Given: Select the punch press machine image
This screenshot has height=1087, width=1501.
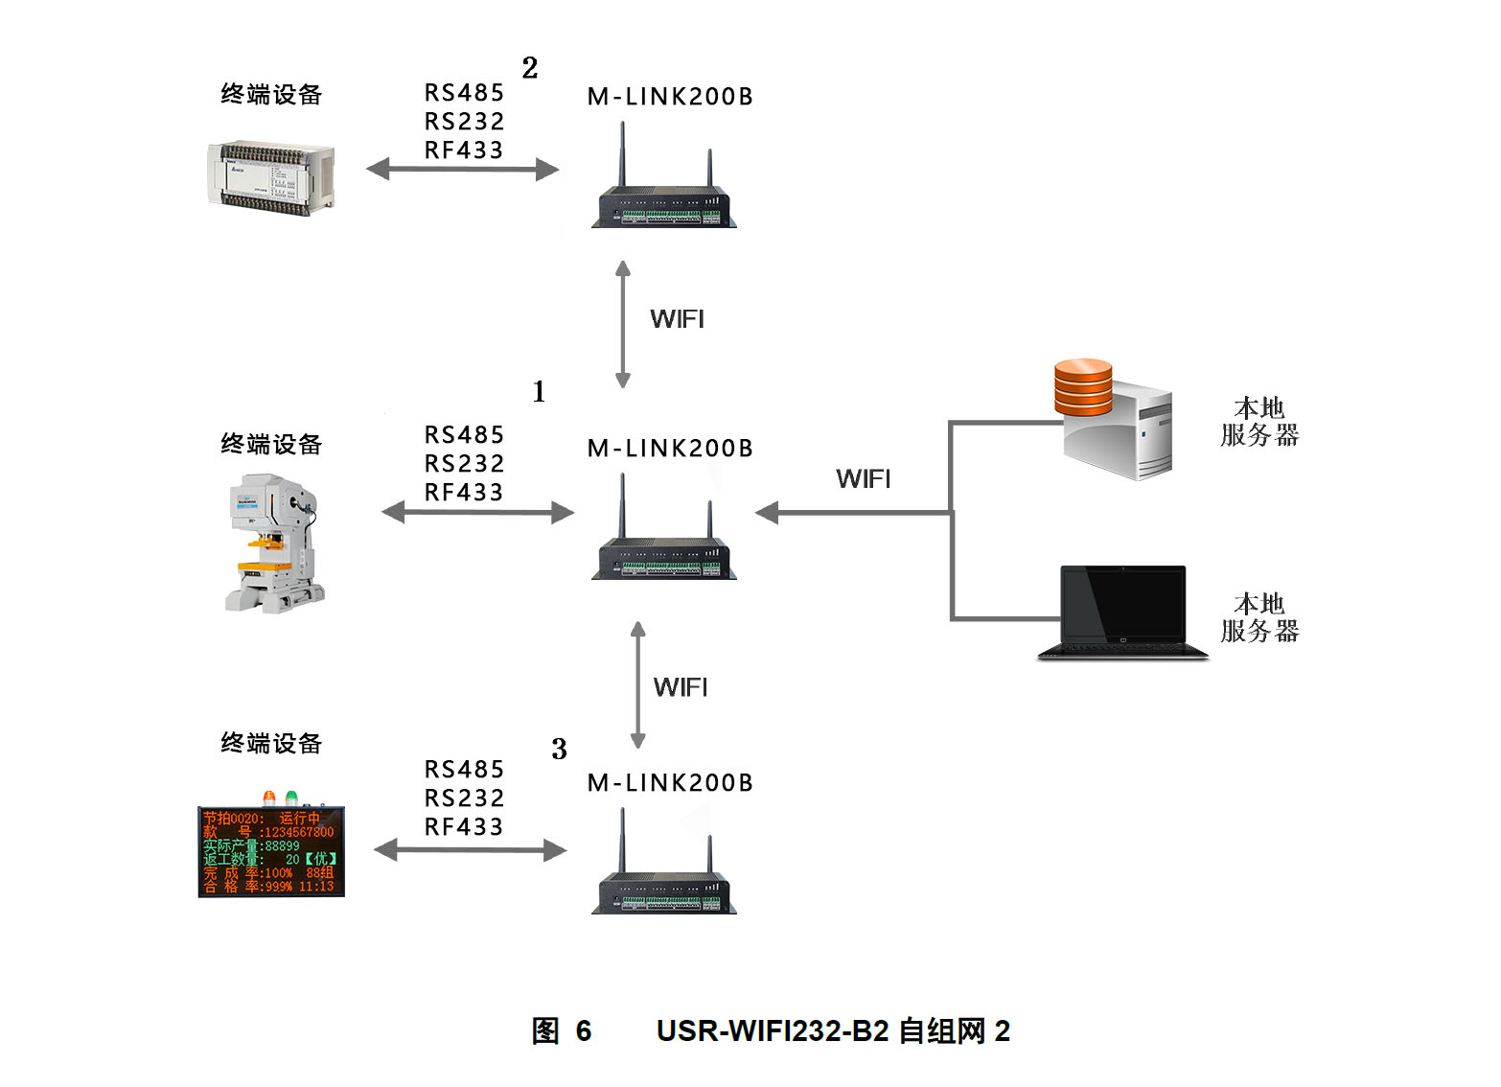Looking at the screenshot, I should click(x=273, y=543).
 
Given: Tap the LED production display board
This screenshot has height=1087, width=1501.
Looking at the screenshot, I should click(x=270, y=851).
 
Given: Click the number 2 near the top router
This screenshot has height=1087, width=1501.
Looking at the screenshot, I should click(x=530, y=68).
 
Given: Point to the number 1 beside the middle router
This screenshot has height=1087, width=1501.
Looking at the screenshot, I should click(x=539, y=391).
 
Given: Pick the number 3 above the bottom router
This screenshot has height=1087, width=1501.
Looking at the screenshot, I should click(x=559, y=749).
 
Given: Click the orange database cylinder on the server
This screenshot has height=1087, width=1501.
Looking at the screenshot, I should click(x=1083, y=385).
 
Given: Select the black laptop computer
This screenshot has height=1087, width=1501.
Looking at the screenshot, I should click(x=1123, y=612).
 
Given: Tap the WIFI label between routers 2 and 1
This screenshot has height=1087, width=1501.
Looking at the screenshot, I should click(x=677, y=319).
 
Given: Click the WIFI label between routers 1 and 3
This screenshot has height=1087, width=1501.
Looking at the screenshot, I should click(x=681, y=687).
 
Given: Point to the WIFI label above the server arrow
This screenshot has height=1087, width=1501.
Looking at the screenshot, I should click(x=863, y=478).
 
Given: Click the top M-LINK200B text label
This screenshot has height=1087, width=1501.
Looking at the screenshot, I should click(x=670, y=97).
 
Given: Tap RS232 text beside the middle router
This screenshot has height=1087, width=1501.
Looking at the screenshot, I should click(x=464, y=464).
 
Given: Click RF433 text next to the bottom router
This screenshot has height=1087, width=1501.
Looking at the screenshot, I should click(x=464, y=826).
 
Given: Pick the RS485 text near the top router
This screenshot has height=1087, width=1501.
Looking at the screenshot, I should click(x=464, y=93).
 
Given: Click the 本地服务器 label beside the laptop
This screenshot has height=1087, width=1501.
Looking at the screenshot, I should click(x=1259, y=617).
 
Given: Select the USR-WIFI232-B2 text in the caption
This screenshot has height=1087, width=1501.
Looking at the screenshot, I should click(x=773, y=1031).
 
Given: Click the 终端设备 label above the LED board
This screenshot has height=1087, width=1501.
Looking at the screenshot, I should click(x=271, y=743).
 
